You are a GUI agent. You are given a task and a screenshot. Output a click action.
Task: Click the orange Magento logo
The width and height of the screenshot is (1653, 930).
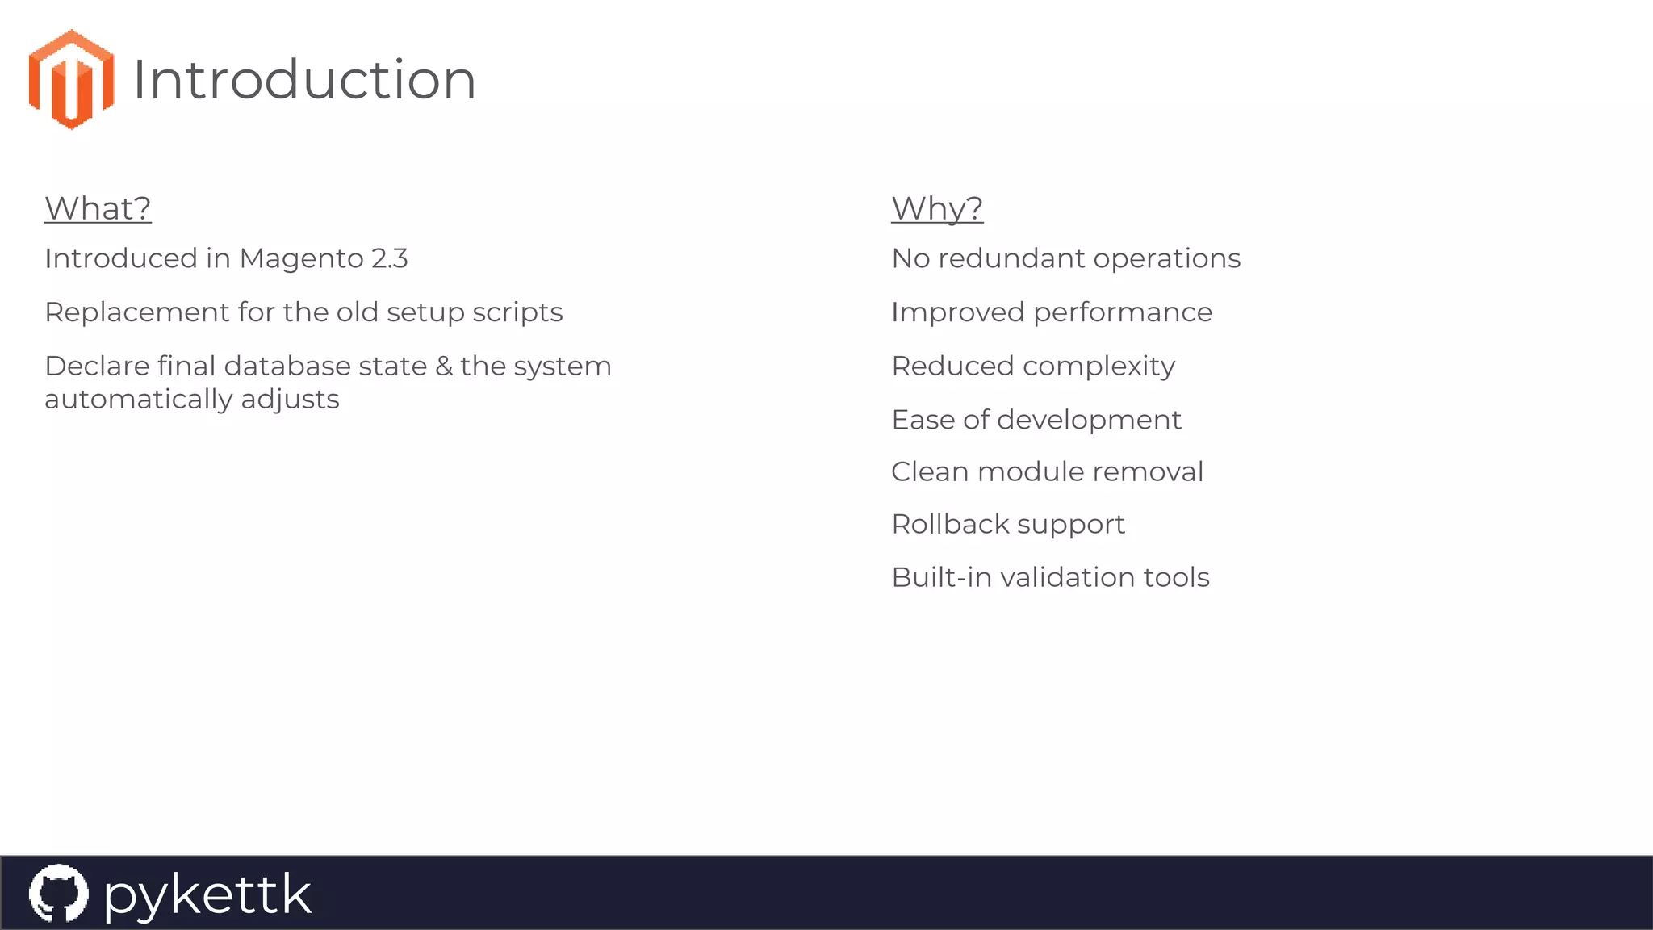pyautogui.click(x=71, y=79)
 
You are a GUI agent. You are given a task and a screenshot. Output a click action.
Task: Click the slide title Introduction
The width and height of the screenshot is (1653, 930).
pyautogui.click(x=304, y=80)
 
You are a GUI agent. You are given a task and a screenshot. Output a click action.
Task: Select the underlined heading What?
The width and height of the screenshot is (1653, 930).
pyautogui.click(x=98, y=208)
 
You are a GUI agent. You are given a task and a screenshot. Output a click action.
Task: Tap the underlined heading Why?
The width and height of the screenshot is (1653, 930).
pyautogui.click(x=937, y=208)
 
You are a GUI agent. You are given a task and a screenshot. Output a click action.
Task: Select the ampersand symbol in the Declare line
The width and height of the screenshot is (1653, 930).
pyautogui.click(x=444, y=367)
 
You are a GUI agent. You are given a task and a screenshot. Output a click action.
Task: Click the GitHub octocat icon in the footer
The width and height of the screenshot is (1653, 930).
pyautogui.click(x=58, y=893)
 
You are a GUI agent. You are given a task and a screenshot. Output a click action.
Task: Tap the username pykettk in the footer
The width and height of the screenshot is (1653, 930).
pyautogui.click(x=207, y=894)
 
